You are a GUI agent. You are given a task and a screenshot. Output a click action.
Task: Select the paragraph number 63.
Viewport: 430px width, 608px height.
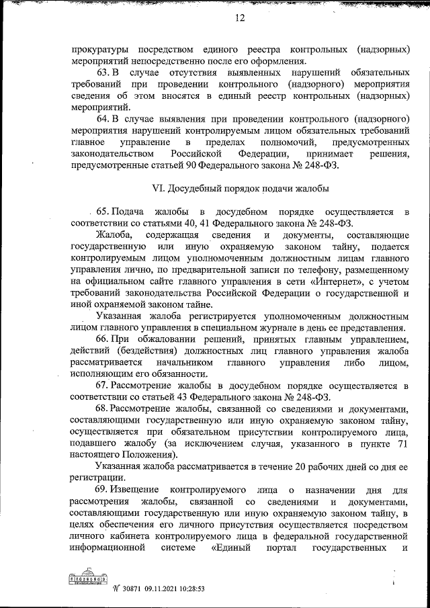coord(103,72)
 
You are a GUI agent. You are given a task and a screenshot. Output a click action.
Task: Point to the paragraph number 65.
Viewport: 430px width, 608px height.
coord(105,212)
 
